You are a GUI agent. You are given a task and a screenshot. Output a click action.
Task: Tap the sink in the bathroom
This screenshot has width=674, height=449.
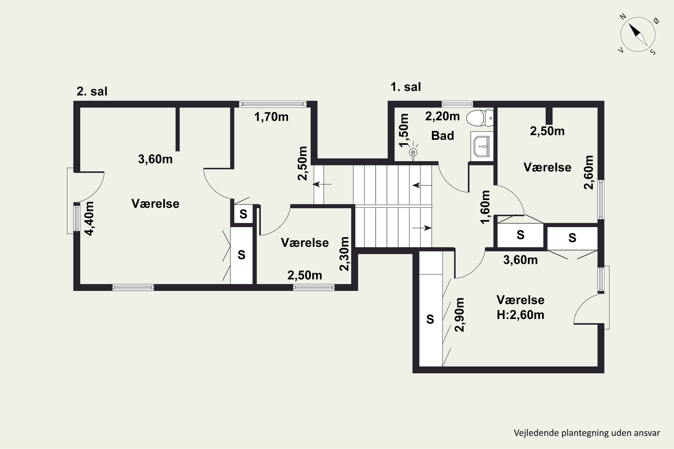pyautogui.click(x=482, y=146)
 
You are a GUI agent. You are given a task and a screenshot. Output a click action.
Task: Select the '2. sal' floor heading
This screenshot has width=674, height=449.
pyautogui.click(x=92, y=91)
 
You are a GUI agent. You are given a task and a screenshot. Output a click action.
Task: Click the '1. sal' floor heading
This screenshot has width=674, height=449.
pyautogui.click(x=406, y=87)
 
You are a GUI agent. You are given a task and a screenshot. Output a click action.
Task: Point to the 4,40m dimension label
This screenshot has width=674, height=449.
pyautogui.click(x=89, y=219)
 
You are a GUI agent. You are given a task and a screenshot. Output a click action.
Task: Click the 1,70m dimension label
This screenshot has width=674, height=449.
pyautogui.click(x=271, y=117)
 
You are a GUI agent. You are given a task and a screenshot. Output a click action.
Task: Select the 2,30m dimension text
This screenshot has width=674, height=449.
pyautogui.click(x=344, y=254)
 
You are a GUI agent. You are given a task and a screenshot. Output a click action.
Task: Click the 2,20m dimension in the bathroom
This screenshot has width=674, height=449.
pyautogui.click(x=442, y=116)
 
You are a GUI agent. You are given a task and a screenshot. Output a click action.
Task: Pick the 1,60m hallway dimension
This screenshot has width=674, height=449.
pyautogui.click(x=485, y=207)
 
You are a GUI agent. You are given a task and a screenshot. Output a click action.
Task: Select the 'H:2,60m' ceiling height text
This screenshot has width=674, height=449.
pyautogui.click(x=520, y=315)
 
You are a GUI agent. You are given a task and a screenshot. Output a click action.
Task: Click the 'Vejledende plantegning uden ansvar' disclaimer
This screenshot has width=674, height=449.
pyautogui.click(x=587, y=433)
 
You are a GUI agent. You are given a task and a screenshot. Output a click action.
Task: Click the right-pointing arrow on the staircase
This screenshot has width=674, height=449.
pyautogui.click(x=422, y=228)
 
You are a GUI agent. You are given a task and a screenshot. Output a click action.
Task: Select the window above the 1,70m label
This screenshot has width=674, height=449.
pyautogui.click(x=273, y=104)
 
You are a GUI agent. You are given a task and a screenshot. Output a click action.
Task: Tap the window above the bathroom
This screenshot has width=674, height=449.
pyautogui.click(x=457, y=104)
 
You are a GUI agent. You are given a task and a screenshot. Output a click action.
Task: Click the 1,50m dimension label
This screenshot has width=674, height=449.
pyautogui.click(x=404, y=131)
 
